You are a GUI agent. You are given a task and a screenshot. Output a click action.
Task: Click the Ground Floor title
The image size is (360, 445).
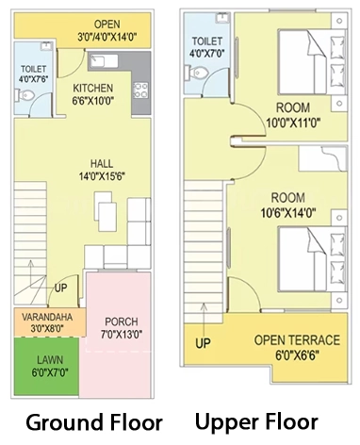tap(94, 422)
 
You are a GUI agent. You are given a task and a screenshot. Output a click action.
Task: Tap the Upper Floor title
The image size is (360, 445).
tap(256, 421)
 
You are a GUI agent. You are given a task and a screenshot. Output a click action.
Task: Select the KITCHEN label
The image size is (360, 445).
tap(93, 88)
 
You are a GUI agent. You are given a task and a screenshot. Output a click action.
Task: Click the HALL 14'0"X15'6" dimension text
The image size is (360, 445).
tap(102, 176)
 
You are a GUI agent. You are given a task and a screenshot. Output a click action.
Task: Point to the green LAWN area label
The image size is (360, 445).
tap(50, 359)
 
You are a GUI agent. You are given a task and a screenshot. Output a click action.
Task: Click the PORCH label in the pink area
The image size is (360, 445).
tap(122, 321)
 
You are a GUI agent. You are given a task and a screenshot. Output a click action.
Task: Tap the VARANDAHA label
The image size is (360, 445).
tap(47, 317)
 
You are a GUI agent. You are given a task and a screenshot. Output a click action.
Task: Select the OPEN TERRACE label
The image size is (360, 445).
tap(297, 340)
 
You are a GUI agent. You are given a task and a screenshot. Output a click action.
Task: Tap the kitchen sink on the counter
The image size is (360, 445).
tap(104, 60)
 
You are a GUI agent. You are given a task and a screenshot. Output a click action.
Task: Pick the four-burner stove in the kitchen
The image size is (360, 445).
tap(140, 91)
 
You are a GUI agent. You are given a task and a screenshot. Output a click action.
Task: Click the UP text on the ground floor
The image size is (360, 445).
tap(61, 288)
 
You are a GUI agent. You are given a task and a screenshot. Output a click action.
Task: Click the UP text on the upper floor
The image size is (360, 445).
tap(203, 343)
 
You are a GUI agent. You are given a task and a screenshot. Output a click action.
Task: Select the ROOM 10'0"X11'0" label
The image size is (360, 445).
tap(293, 115)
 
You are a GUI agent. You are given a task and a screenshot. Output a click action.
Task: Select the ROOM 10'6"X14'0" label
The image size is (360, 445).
tap(288, 206)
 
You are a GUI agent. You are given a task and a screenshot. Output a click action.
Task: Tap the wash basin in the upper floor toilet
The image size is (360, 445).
tap(222, 18)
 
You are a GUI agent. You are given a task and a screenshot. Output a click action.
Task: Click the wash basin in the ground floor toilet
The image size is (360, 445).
tap(46, 46)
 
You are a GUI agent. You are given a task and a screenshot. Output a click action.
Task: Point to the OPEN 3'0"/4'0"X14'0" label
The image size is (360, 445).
tap(107, 30)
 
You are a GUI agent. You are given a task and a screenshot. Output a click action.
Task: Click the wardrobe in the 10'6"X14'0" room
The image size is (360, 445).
tap(323, 158)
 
